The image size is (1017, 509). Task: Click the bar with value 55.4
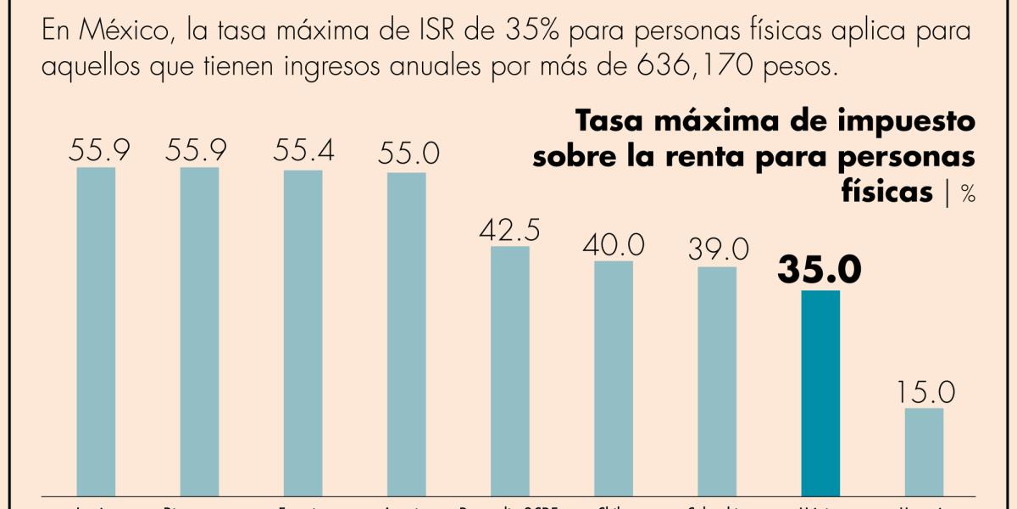pos(303,331)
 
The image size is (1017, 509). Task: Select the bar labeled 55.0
pos(407,333)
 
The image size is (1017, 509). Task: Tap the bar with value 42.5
pos(510,370)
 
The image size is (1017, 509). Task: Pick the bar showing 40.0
pos(614,378)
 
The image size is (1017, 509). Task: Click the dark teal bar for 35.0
pos(820,392)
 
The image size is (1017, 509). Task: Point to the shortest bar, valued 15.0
pos(924,450)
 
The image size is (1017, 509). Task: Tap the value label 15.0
pos(924,393)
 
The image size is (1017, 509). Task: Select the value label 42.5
pos(510,231)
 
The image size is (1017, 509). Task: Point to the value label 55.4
pos(303,152)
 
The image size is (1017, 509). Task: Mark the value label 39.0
pos(717,249)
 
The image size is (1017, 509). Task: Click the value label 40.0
pos(614,245)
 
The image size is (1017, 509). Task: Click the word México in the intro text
pos(117,32)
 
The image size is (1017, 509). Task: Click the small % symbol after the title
pos(968,194)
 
